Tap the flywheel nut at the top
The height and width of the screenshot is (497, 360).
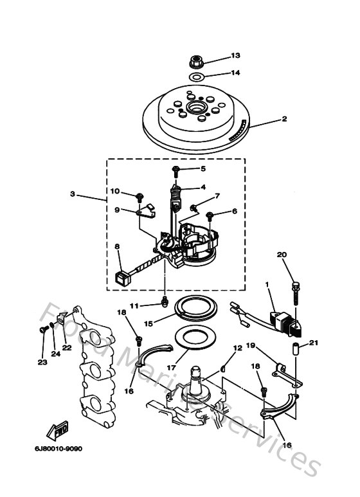tap(197, 62)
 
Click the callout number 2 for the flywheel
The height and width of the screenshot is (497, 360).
tap(283, 119)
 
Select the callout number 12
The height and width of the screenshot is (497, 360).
tap(237, 348)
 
